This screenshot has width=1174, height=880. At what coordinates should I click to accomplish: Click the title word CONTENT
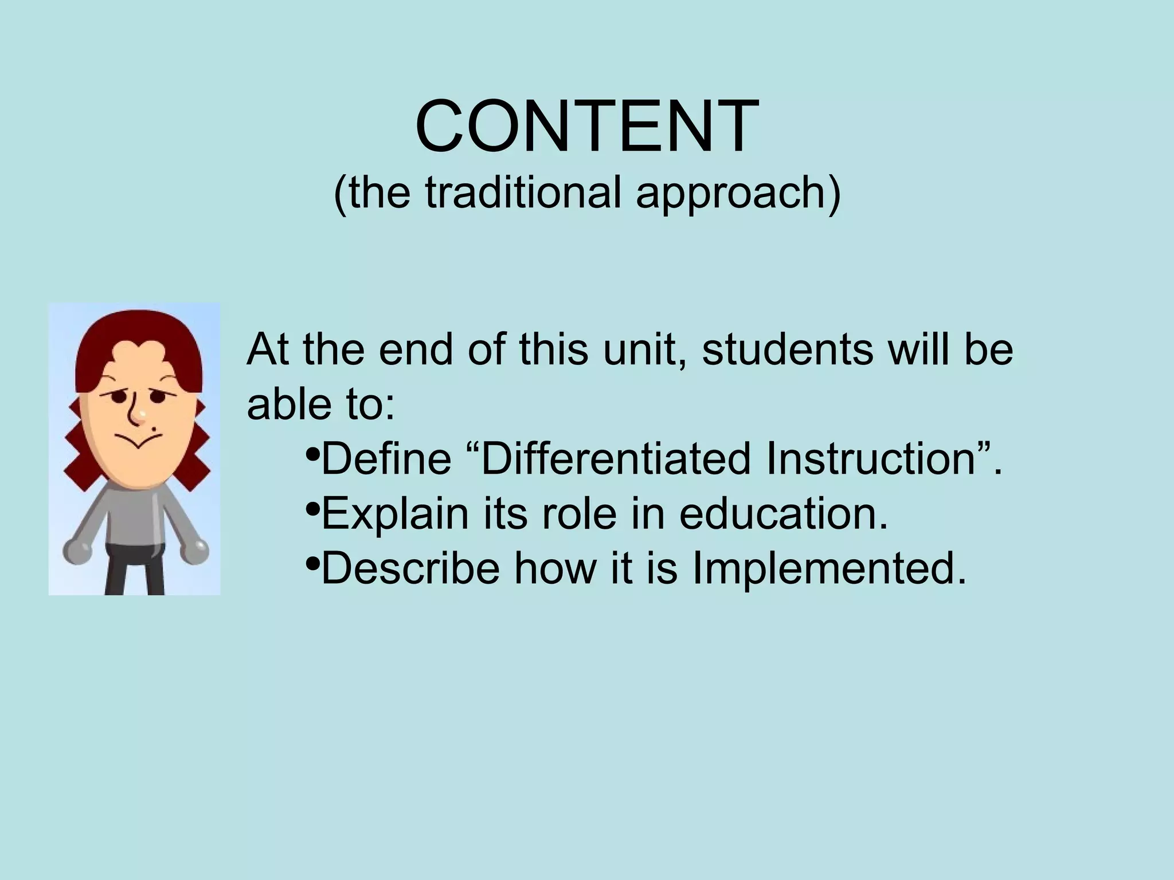tap(587, 127)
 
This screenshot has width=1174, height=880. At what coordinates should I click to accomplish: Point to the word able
tap(289, 404)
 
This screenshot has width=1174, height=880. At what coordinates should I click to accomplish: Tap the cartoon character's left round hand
tap(76, 551)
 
